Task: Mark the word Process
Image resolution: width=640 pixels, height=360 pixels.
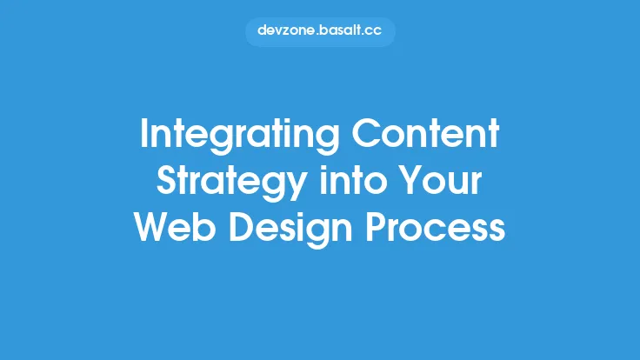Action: (x=443, y=228)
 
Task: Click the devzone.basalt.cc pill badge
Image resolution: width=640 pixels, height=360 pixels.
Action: (x=320, y=30)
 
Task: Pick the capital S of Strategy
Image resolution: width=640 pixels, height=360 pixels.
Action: (x=165, y=183)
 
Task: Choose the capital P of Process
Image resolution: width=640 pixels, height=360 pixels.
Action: (x=388, y=228)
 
